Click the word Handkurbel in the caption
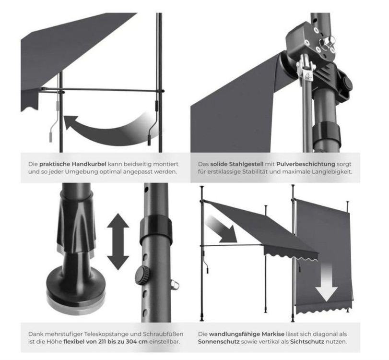[89, 164]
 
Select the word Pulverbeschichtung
[306, 164]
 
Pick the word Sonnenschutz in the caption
[219, 342]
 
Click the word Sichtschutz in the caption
[307, 342]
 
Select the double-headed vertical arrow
[118, 241]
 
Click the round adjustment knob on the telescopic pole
[142, 275]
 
